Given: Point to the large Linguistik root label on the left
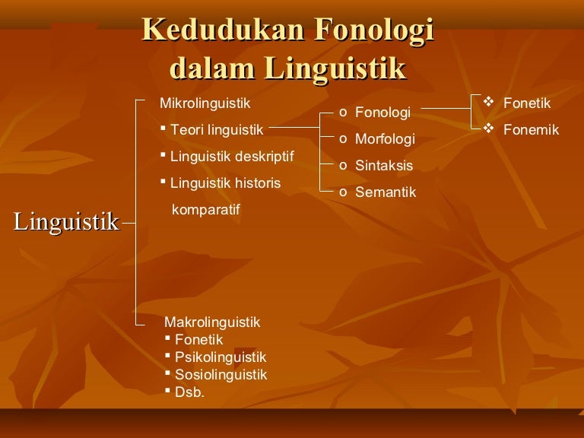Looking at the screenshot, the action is [66, 222].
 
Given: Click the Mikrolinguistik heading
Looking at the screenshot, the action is [205, 103].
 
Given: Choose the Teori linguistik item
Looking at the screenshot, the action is [217, 130].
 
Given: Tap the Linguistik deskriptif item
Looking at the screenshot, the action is [232, 157].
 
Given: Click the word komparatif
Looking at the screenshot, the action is [205, 210].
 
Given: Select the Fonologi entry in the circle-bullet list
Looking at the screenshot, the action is [382, 113].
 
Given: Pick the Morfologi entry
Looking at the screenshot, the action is [385, 139].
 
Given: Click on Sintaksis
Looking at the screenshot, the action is [384, 165].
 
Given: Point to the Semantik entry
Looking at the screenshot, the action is [386, 192].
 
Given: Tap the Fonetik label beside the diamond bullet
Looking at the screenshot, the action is [527, 103].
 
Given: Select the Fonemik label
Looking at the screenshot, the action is [531, 130].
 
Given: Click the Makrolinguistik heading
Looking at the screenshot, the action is [212, 322].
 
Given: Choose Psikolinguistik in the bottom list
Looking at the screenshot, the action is [221, 357].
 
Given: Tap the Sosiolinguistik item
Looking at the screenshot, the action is [221, 375].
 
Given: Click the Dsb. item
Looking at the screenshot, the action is [189, 392].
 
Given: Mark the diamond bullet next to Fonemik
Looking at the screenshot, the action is [489, 129].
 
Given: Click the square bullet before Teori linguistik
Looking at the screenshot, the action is [163, 128].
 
